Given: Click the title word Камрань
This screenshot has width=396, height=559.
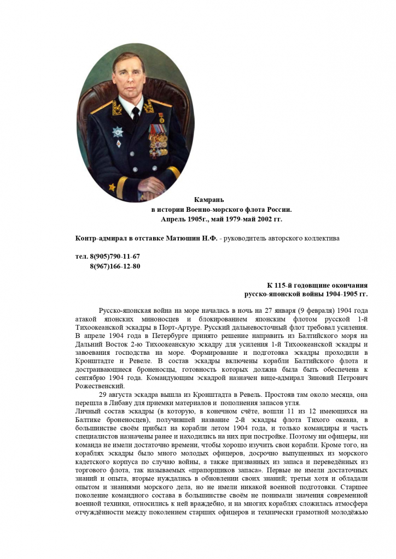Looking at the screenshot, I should (209, 199).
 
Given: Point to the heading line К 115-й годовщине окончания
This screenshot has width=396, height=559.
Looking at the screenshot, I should (317, 286).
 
